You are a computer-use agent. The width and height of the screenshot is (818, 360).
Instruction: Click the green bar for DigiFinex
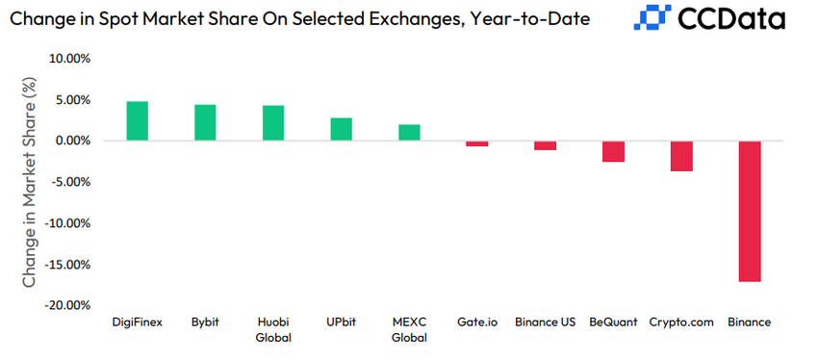[x=137, y=121]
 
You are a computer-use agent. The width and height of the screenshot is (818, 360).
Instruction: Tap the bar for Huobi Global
[x=273, y=123]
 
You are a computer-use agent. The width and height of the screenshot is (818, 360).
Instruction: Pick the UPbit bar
[x=341, y=129]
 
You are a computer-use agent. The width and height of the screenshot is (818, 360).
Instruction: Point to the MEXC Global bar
[x=409, y=133]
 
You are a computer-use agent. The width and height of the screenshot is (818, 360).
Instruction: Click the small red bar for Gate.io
[x=477, y=143]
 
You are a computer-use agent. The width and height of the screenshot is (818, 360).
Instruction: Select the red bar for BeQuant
[x=613, y=151]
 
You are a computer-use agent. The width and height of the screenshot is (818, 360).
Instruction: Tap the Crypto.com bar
[x=681, y=156]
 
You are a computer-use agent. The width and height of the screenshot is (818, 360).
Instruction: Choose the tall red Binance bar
[x=750, y=211]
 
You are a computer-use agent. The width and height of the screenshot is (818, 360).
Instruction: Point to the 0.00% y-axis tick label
[x=70, y=141]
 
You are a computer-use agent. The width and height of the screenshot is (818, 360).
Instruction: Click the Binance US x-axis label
[x=545, y=321]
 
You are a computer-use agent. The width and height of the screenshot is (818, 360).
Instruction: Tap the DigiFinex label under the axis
[x=137, y=321]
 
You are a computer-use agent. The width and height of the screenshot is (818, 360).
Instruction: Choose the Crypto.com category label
[x=681, y=321]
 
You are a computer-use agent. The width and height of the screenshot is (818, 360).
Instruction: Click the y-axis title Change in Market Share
[x=30, y=183]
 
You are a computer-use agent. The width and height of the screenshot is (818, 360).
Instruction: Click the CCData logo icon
[x=655, y=18]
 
